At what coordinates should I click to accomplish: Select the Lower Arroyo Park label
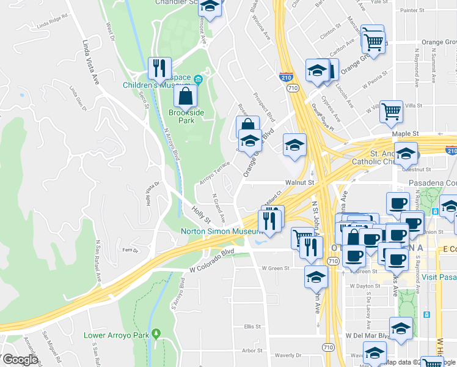coord(116,335)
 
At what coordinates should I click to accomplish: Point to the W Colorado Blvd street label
coord(211,252)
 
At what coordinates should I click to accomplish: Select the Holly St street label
coord(201,214)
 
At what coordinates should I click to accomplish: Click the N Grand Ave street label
coord(218,208)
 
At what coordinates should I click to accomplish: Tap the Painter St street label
coord(411,11)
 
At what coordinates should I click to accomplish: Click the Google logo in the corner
coord(20,359)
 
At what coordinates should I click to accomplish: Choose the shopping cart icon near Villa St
coord(391,112)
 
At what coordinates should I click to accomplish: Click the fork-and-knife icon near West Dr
coord(160,67)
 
